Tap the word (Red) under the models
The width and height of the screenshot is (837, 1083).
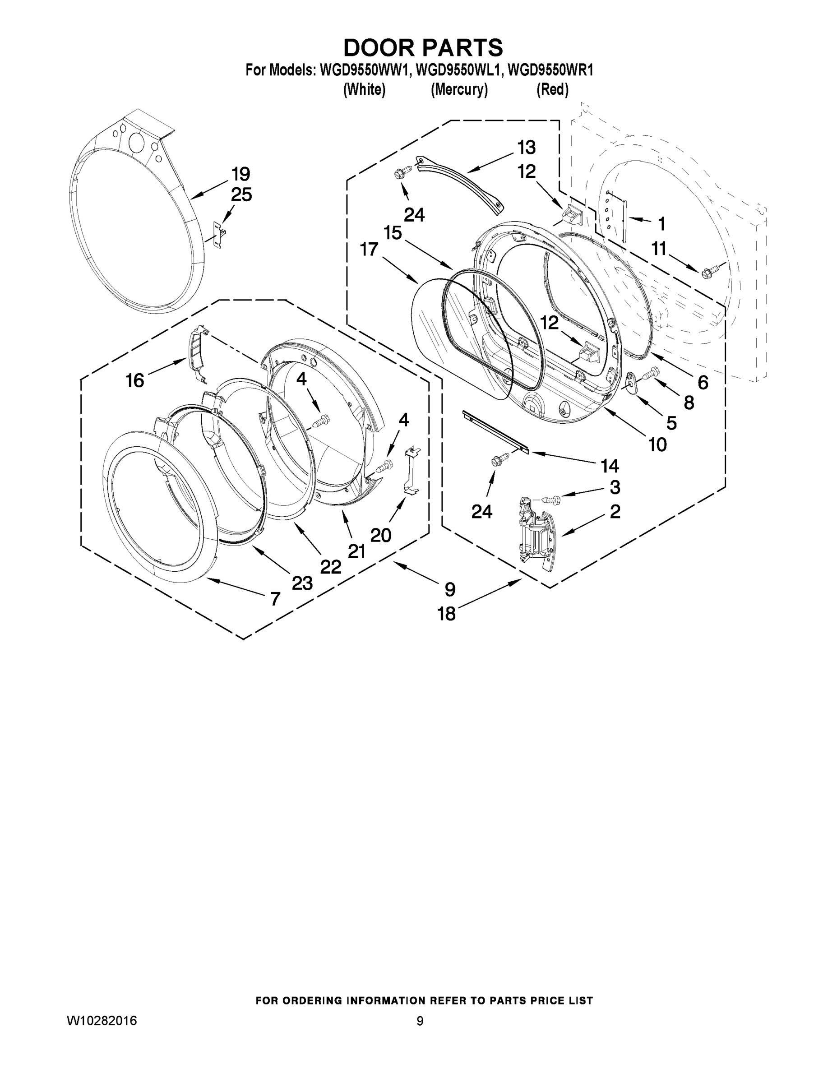[x=552, y=90]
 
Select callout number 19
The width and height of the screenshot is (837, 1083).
[x=240, y=175]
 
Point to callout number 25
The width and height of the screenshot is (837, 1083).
[x=241, y=195]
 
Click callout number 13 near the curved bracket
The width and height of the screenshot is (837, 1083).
[x=526, y=147]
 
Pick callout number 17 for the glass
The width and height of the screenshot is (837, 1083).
[x=369, y=250]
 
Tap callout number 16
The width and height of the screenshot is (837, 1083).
[x=134, y=381]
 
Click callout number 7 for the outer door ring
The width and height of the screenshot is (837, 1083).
[x=275, y=599]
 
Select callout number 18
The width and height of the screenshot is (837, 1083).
[x=446, y=614]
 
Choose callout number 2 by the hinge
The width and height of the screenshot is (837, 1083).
[x=615, y=511]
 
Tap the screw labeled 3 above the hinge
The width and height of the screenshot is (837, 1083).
[x=550, y=498]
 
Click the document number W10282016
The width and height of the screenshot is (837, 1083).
[x=102, y=1021]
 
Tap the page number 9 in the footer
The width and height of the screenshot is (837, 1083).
[x=420, y=1021]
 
